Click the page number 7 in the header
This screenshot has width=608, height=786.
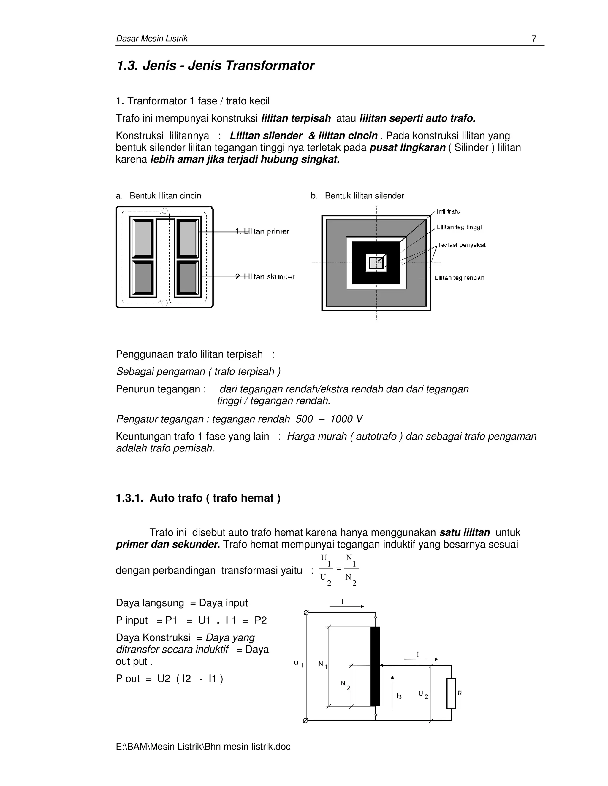click(x=534, y=39)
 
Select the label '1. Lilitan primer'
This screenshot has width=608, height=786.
click(x=262, y=231)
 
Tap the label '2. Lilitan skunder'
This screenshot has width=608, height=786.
click(x=265, y=277)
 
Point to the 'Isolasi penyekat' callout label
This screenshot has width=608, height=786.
click(x=462, y=245)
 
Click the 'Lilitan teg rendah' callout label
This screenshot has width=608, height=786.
click(x=459, y=278)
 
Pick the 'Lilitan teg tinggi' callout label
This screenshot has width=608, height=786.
click(x=459, y=227)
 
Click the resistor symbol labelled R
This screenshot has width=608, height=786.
click(x=451, y=693)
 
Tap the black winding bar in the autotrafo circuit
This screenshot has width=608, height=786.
click(x=375, y=666)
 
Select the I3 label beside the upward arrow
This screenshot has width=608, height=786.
click(x=399, y=696)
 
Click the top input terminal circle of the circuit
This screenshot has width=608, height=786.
click(x=306, y=612)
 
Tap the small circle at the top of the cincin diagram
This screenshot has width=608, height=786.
click(x=164, y=211)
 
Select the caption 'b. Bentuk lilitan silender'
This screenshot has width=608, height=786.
click(x=357, y=196)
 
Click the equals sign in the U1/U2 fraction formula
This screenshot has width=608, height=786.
click(x=338, y=569)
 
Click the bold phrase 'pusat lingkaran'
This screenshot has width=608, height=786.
click(x=407, y=147)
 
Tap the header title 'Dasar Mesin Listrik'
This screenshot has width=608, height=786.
click(x=152, y=39)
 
